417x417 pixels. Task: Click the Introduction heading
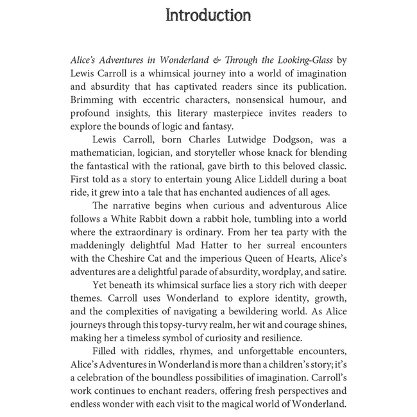pos(208,15)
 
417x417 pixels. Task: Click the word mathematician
pos(107,155)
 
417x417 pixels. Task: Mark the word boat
pos(333,182)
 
